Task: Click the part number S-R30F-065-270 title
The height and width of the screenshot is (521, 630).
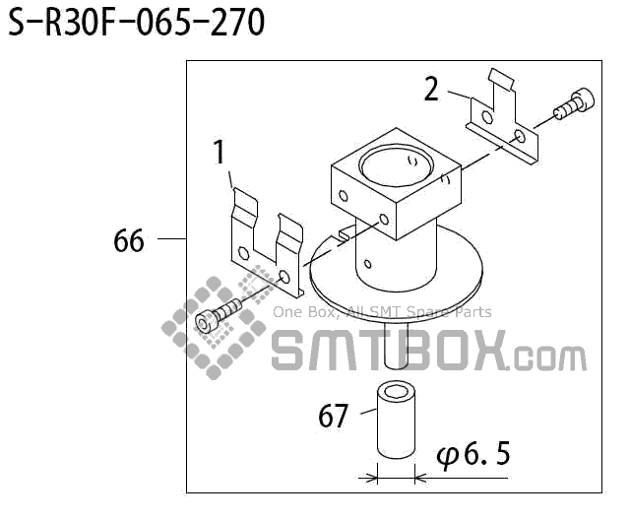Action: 137,24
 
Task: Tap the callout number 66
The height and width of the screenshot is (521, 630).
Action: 129,240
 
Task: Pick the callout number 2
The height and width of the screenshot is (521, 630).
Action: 431,90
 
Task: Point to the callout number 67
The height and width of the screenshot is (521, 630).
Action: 334,417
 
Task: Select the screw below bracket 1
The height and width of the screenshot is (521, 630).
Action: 219,317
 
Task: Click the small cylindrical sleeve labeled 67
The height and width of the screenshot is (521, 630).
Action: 396,422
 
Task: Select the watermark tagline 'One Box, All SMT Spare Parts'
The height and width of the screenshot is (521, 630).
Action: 382,313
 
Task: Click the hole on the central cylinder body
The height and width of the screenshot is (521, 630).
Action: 365,263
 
